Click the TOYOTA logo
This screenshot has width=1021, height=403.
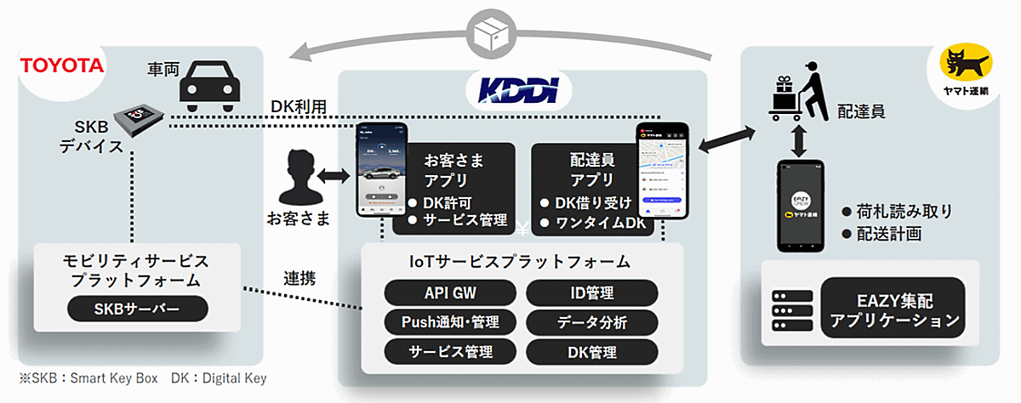tap(61, 66)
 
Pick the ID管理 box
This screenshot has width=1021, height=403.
tap(591, 293)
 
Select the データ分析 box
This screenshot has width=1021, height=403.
tap(591, 322)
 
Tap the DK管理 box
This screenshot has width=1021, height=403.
tap(591, 350)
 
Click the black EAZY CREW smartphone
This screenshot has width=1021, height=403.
tap(800, 206)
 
